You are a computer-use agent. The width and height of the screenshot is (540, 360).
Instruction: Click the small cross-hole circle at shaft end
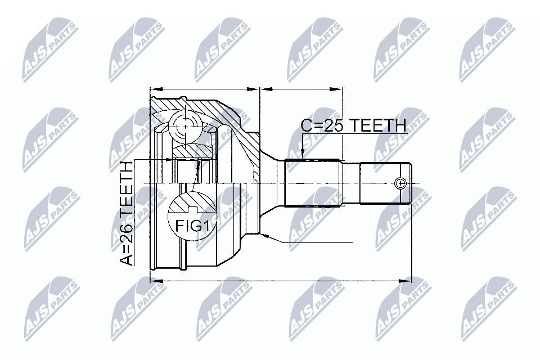click(x=400, y=183)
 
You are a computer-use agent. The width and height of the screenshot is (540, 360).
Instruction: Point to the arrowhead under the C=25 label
click(x=302, y=156)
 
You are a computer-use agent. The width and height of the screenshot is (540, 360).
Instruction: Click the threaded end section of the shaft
click(x=385, y=183)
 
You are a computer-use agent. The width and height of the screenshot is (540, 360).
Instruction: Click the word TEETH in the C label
click(x=376, y=126)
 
